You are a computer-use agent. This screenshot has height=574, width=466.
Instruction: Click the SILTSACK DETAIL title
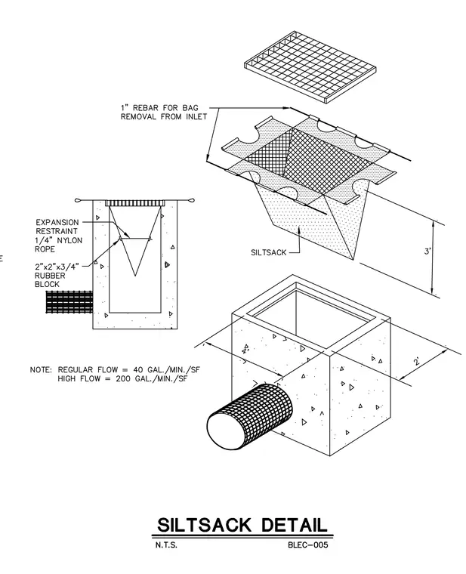point(242,526)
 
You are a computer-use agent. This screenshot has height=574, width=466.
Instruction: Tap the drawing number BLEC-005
point(308,545)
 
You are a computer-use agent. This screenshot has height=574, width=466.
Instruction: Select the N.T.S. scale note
point(166,545)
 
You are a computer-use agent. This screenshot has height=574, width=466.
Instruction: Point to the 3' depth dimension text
point(427,252)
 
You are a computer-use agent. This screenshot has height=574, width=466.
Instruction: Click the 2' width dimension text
point(417,362)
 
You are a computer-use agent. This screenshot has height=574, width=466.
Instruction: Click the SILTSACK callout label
point(268,252)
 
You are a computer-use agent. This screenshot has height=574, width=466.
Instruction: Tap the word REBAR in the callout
point(146,108)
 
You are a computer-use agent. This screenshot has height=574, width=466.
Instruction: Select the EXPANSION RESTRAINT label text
point(57,227)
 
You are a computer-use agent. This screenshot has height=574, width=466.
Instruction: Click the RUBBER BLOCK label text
point(50,280)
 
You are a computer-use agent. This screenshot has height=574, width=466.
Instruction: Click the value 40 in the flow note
point(139,370)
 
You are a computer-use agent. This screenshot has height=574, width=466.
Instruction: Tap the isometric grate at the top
point(310,66)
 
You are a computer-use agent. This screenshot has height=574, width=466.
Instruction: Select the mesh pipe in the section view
point(69,302)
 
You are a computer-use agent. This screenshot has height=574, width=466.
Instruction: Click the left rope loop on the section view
point(79,200)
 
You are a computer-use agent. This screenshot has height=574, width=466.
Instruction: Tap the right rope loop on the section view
point(191,200)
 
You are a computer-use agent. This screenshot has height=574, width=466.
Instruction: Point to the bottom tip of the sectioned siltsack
point(135,275)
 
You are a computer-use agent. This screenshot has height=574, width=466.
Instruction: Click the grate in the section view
point(135,203)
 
